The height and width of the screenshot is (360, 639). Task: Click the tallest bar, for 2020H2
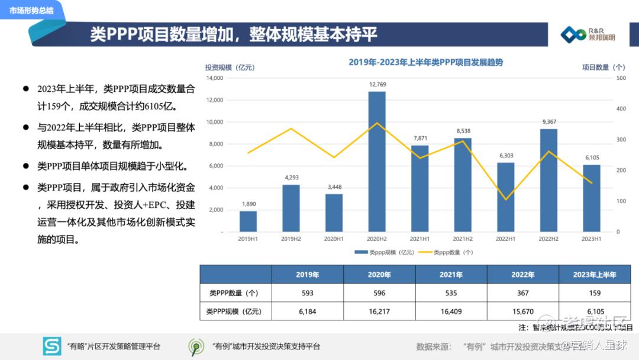[377, 161]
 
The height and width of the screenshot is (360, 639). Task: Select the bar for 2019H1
[248, 221]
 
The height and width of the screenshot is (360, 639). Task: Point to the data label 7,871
[420, 139]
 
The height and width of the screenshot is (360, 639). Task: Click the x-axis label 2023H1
[592, 239]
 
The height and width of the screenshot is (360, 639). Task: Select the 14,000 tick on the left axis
[215, 78]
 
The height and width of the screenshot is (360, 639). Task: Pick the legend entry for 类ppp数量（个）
[446, 252]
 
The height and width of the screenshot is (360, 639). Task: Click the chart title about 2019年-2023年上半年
[425, 62]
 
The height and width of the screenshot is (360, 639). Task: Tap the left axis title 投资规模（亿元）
[230, 67]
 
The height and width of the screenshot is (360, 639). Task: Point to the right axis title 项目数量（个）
[603, 67]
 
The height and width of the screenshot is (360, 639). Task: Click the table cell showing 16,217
[379, 311]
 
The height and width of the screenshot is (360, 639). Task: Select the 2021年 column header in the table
[451, 275]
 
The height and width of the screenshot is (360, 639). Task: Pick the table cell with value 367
[523, 293]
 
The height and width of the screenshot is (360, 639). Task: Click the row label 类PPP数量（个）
[234, 293]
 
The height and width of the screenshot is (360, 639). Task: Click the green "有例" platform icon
[196, 346]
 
